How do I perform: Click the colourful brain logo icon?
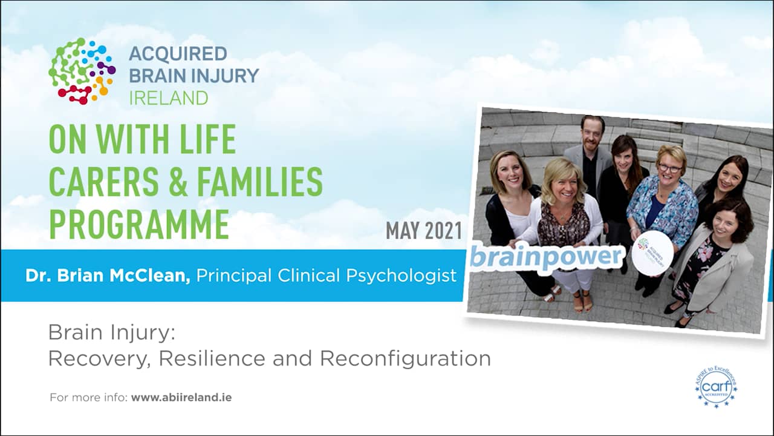coord(82,71)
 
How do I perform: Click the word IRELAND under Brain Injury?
coord(168,97)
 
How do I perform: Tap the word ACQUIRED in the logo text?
coord(178,53)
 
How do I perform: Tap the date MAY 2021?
coord(423,231)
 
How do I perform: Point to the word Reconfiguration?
coord(405,358)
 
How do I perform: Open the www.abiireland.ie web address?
coord(181,398)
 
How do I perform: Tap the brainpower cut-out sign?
coord(545,256)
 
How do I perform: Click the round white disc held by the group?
coord(652,253)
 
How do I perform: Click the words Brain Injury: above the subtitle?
coord(111,332)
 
